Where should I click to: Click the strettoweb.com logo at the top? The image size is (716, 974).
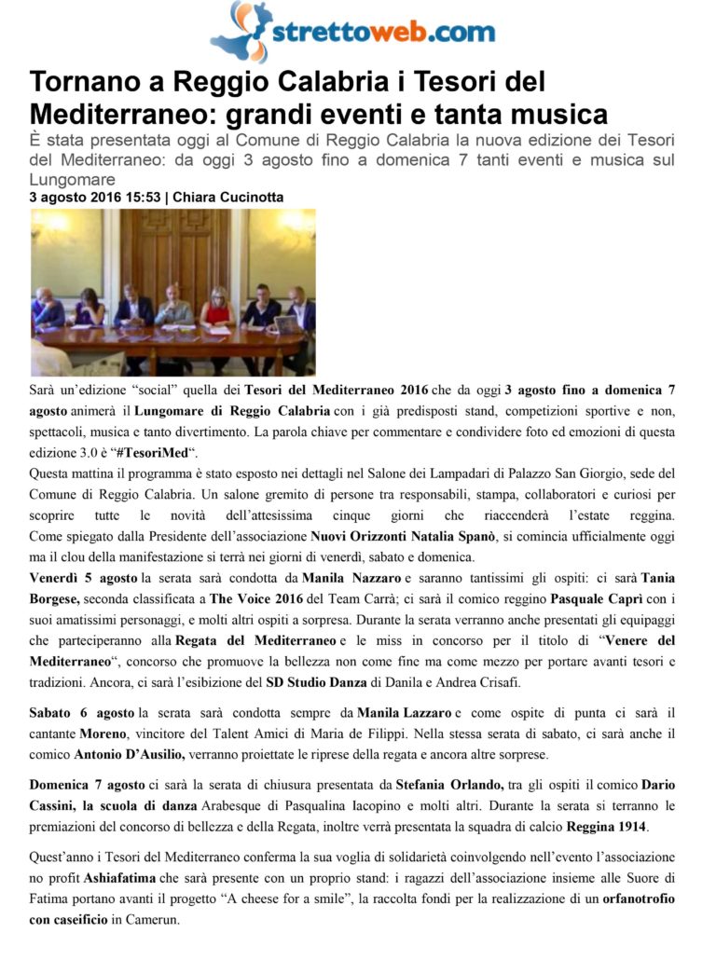click(355, 32)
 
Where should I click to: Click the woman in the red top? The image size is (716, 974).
click(216, 311)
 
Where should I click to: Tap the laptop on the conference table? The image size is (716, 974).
click(286, 324)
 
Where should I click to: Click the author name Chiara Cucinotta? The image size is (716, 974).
click(229, 198)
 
